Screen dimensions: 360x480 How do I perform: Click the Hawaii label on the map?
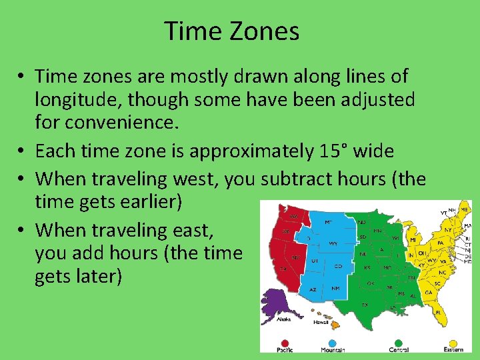[321, 323]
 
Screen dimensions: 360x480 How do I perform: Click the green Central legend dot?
[398, 345]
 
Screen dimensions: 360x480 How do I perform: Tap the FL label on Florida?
[438, 312]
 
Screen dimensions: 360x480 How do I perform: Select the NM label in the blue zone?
[335, 289]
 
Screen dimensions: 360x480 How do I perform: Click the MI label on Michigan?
[413, 239]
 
